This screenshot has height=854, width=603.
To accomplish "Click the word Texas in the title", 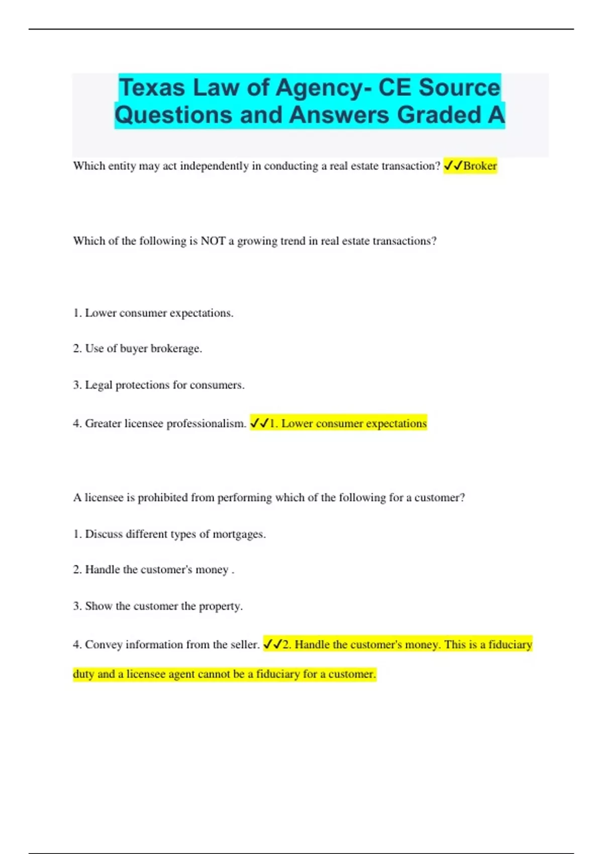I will click(152, 87).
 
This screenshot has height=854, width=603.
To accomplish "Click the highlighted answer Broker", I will click(480, 166).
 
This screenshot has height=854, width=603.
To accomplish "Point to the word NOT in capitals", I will click(213, 241).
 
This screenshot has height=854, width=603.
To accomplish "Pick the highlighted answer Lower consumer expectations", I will click(348, 423).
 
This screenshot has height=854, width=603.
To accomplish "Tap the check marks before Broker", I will click(453, 166).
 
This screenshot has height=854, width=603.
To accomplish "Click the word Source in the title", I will click(459, 87).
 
